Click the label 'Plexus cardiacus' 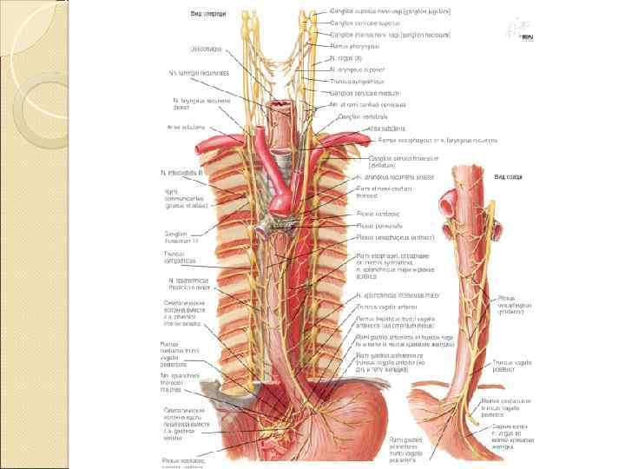pos(376,214)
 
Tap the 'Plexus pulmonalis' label pos(378,225)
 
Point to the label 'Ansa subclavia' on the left pos(184,127)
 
